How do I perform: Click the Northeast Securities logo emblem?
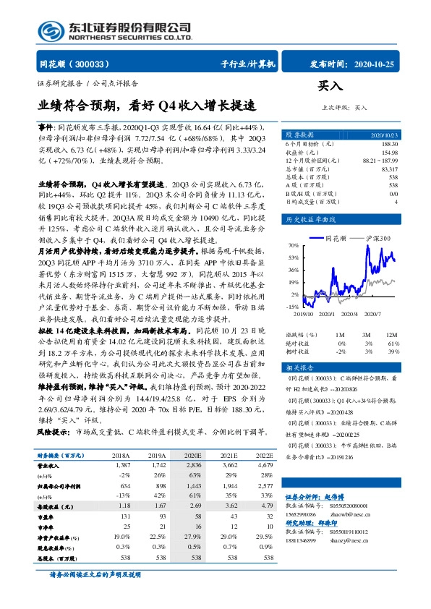[x=51, y=30]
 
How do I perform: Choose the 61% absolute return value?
[x=392, y=343]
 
